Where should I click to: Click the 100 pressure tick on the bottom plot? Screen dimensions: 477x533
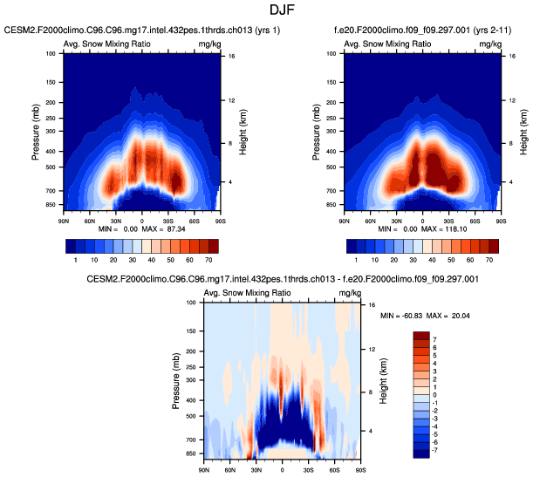tap(192, 303)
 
